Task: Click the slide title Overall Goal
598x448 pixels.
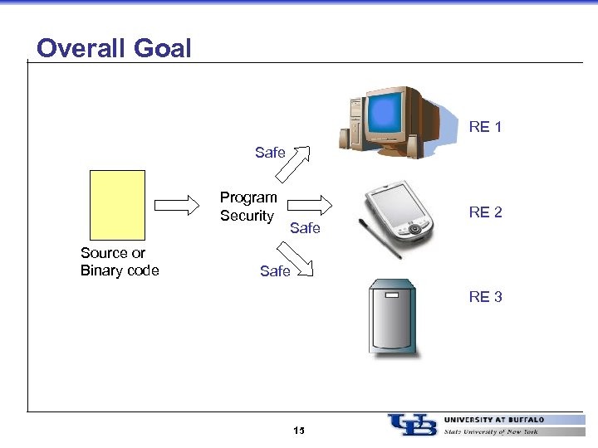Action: tap(114, 48)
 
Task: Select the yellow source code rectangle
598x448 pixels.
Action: tap(117, 204)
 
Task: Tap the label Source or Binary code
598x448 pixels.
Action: tap(120, 262)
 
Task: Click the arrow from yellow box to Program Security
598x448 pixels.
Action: tap(178, 203)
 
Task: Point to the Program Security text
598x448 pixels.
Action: tap(248, 207)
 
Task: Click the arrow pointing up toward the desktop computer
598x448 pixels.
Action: tap(292, 163)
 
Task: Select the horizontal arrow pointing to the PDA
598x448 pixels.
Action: tap(314, 203)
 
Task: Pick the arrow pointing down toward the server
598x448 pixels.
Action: tap(295, 258)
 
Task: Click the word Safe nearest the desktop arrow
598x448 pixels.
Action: tap(270, 153)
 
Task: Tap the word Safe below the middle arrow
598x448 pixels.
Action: tap(305, 228)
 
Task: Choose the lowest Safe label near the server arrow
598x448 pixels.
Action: tap(275, 271)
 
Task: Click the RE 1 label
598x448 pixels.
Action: tap(485, 127)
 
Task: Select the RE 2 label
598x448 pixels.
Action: tap(485, 212)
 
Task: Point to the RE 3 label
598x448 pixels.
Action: tap(485, 297)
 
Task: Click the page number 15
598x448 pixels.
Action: tap(299, 431)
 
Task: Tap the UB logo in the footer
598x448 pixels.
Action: tap(412, 424)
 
